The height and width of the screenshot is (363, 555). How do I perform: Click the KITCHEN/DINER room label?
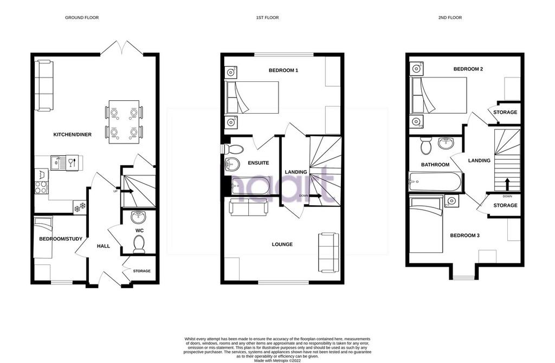point(72,134)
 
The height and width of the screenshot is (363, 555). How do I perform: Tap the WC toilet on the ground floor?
point(139,244)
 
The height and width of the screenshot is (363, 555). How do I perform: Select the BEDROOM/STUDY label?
point(61,239)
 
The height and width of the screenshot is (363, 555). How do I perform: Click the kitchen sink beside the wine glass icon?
point(56,163)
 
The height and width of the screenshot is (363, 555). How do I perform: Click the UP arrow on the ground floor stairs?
point(127,191)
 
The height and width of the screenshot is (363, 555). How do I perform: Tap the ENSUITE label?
point(258,163)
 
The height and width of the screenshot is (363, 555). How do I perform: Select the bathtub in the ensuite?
point(250,185)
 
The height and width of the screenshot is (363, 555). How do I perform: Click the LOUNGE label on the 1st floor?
point(282,244)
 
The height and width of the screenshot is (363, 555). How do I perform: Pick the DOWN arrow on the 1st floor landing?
point(315,196)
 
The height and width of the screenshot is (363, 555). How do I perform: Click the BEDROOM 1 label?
point(283,70)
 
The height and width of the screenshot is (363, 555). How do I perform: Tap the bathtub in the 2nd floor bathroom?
point(435,182)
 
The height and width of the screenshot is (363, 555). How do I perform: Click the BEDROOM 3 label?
point(464,235)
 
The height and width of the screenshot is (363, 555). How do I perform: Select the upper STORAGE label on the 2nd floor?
point(505,112)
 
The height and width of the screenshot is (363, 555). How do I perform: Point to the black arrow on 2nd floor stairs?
point(507,184)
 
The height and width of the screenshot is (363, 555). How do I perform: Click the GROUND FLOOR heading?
point(82,17)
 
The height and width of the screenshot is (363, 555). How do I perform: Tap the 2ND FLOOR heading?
point(450,17)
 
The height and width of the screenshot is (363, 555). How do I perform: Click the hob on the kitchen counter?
point(41,187)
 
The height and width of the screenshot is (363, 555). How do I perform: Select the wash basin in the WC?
point(138,217)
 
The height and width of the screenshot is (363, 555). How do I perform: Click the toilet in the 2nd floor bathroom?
point(426,145)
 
